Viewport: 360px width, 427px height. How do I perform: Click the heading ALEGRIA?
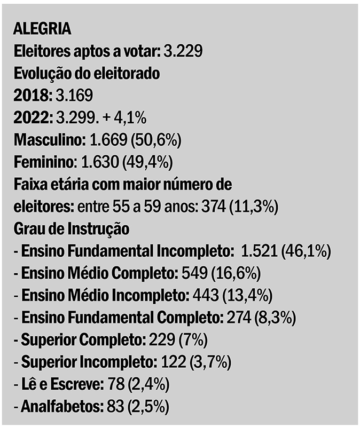(42, 29)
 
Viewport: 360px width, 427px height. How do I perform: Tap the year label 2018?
(30, 96)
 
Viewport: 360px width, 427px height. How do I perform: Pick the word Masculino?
(47, 140)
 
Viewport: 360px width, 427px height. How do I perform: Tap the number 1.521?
(260, 251)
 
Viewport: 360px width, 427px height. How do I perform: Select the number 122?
(173, 363)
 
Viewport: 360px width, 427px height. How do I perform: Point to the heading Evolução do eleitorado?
(86, 74)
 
